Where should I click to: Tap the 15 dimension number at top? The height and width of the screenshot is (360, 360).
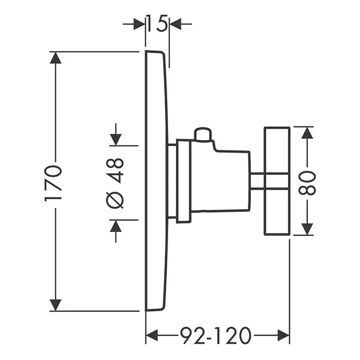tap(156, 24)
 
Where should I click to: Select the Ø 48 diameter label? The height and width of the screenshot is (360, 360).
tap(117, 183)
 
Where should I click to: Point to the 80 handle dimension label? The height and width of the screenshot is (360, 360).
tap(307, 182)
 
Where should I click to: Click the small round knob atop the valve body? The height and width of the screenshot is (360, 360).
tap(202, 134)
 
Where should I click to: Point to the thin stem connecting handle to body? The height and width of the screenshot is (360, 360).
tap(257, 181)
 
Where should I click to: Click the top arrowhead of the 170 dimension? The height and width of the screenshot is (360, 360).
tap(56, 58)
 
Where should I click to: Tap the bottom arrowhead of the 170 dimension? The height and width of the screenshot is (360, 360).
tap(56, 304)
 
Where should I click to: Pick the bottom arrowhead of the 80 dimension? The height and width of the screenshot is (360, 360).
tap(307, 229)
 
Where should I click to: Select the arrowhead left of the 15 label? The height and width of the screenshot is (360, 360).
tap(139, 24)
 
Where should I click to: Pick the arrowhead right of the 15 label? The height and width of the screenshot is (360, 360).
tap(175, 24)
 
